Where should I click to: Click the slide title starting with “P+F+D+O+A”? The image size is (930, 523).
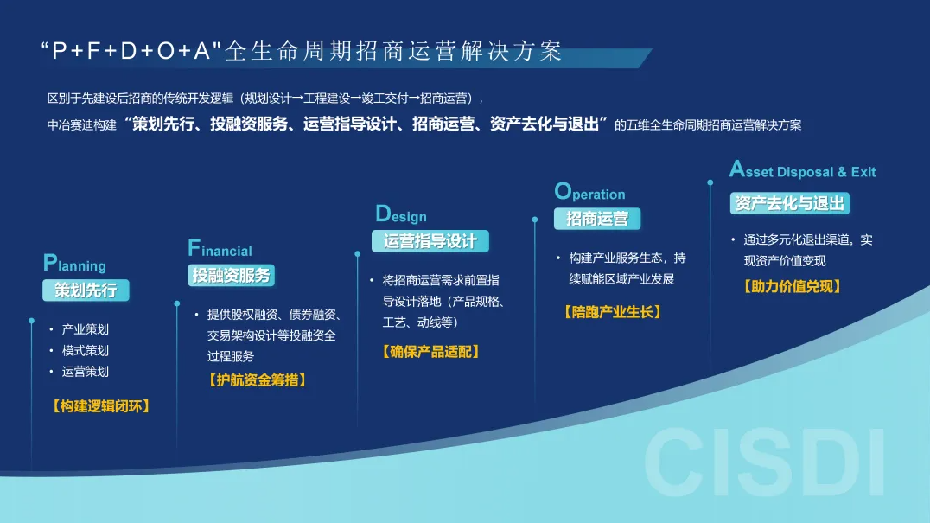(x=302, y=51)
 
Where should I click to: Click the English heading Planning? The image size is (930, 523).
(x=74, y=264)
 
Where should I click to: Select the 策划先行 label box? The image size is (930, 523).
(x=86, y=290)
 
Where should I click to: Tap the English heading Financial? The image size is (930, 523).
(x=220, y=248)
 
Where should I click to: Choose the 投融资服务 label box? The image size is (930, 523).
(x=231, y=275)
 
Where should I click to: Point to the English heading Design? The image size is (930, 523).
(x=401, y=214)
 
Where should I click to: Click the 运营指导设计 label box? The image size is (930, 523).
(x=430, y=241)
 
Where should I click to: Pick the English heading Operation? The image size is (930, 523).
(x=589, y=192)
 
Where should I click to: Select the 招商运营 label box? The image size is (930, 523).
(x=596, y=219)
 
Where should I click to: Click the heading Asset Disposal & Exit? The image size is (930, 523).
(x=802, y=169)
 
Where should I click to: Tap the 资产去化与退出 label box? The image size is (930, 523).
(x=789, y=203)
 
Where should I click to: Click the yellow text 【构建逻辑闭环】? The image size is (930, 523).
(x=101, y=406)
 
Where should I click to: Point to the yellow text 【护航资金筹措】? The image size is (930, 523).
(x=258, y=380)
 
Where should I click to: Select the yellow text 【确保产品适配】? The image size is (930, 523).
(x=430, y=352)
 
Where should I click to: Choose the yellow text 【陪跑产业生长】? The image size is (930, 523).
(x=613, y=312)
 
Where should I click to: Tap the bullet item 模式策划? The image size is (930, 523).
(x=86, y=350)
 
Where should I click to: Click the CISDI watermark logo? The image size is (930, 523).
(x=765, y=462)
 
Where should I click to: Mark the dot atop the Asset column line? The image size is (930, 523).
(x=710, y=182)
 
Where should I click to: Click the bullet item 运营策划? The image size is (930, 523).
(x=86, y=372)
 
